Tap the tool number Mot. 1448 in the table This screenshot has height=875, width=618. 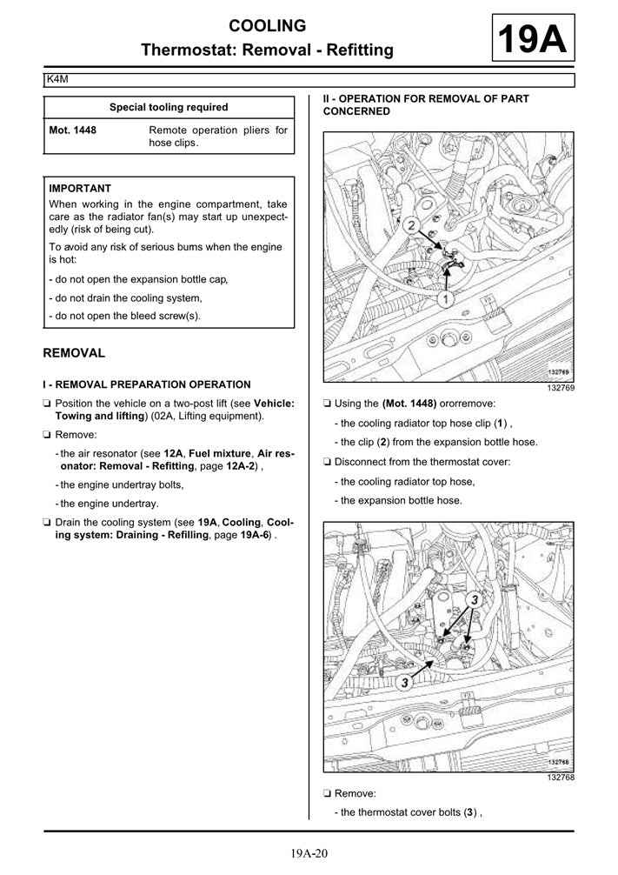(73, 130)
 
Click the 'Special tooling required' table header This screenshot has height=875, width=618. (169, 107)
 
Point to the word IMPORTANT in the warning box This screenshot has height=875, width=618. (80, 188)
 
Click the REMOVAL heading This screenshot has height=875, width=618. (74, 353)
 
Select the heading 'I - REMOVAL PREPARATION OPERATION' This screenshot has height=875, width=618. (147, 384)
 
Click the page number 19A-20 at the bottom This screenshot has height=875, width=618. (309, 853)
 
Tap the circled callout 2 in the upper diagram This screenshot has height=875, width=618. (410, 225)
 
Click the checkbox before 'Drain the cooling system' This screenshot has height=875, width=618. (46, 524)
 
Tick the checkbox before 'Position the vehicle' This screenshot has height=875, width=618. (46, 404)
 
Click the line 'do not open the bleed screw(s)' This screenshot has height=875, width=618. (127, 316)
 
